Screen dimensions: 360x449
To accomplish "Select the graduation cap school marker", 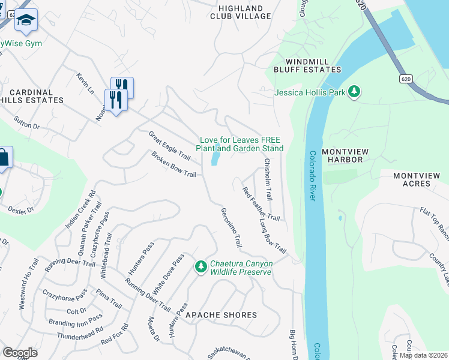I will coord(26,21).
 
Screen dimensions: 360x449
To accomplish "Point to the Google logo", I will coord(20,353).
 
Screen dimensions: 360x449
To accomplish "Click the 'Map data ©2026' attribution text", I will coord(423,355).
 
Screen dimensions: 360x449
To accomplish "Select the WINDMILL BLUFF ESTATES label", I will coord(305,65).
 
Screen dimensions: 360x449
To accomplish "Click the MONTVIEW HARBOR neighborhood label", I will coord(351,156).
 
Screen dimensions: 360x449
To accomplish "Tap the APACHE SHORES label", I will coord(221,315).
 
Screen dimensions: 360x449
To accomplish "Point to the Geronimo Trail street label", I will coord(231,228).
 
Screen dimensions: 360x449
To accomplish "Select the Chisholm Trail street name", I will coord(268,179).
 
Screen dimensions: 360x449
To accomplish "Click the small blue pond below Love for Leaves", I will coord(215,158).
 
